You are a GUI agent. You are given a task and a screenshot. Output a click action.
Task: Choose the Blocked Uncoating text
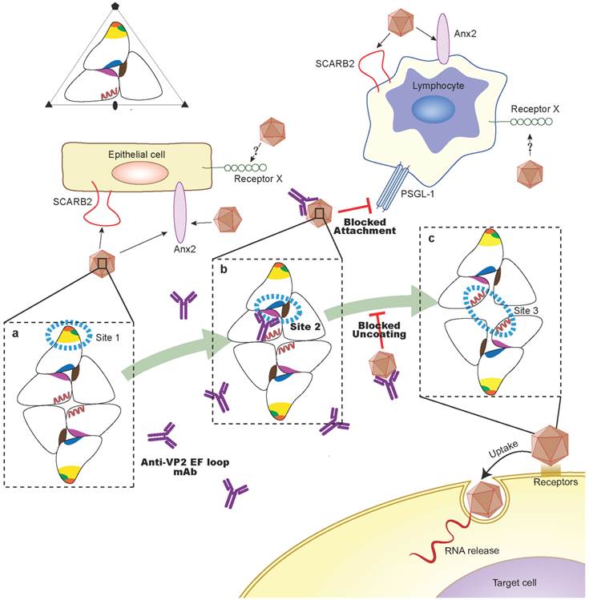(376, 331)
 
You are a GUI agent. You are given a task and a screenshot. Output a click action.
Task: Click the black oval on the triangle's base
(117, 105)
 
